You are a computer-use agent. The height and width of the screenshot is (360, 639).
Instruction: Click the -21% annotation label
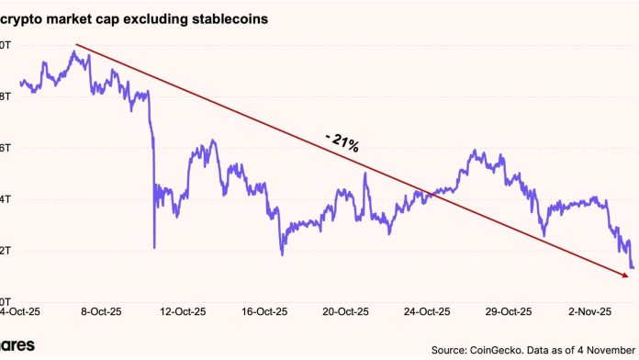341,142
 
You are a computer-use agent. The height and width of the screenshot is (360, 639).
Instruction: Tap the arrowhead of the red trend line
627,275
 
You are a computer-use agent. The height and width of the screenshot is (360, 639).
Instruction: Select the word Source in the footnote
451,350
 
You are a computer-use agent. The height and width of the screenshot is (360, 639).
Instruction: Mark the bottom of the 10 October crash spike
154,247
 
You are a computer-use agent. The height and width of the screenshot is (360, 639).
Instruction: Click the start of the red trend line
75,44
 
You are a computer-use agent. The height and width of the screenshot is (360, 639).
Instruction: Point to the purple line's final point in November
633,268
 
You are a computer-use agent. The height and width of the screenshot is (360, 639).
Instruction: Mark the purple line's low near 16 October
282,253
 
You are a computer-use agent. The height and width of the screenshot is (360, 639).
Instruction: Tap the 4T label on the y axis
5,199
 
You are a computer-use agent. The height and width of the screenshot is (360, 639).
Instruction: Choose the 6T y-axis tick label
5,148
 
